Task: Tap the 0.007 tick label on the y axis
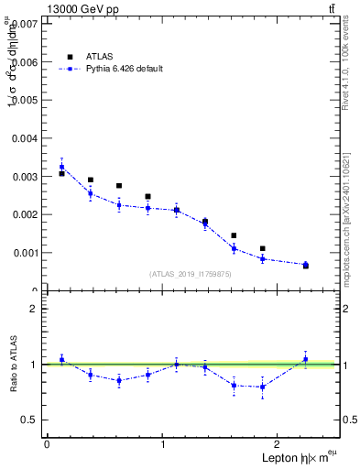coord(25,24)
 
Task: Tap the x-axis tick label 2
coord(280,444)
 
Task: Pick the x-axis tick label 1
coord(163,444)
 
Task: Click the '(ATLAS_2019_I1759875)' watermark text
coord(191,274)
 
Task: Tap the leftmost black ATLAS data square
coord(61,173)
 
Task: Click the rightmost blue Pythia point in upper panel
coord(305,264)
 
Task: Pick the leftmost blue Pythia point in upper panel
coord(61,167)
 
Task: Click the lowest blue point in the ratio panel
coord(263,387)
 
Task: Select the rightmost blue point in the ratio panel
coord(305,359)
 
